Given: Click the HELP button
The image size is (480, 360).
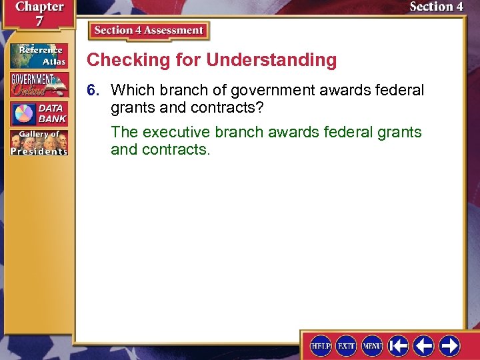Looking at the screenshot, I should click(x=321, y=345).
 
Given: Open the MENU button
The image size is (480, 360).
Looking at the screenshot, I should click(x=372, y=345).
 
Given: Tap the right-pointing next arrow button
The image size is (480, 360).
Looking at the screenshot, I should click(x=449, y=345).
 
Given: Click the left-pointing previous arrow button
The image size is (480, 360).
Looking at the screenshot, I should click(x=424, y=345).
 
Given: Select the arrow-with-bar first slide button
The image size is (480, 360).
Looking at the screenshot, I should click(x=399, y=345).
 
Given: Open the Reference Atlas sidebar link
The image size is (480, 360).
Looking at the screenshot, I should click(x=39, y=55).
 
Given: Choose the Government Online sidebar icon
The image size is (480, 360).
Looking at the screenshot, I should click(x=39, y=85).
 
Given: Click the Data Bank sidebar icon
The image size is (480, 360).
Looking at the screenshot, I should click(x=39, y=114).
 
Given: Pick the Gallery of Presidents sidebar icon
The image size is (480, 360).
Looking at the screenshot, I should click(x=39, y=143).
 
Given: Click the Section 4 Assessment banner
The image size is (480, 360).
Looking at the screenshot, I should click(x=149, y=31).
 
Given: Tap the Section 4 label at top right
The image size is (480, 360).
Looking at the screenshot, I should click(x=436, y=7).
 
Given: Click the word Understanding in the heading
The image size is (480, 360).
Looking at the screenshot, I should click(x=271, y=60).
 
